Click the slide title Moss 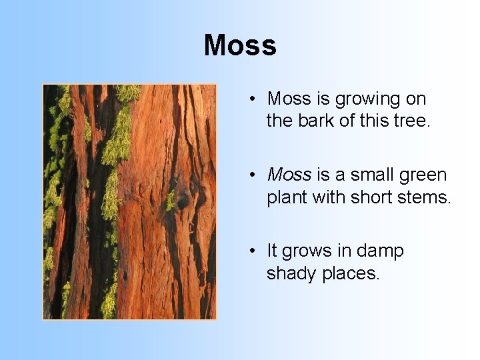[x=240, y=46]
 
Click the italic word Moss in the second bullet [x=289, y=175]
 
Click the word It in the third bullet [x=272, y=251]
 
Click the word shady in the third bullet [x=292, y=274]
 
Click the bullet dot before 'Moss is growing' [x=253, y=100]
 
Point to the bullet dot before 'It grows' [x=253, y=252]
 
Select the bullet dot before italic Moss [x=253, y=176]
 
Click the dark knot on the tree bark [x=181, y=199]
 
